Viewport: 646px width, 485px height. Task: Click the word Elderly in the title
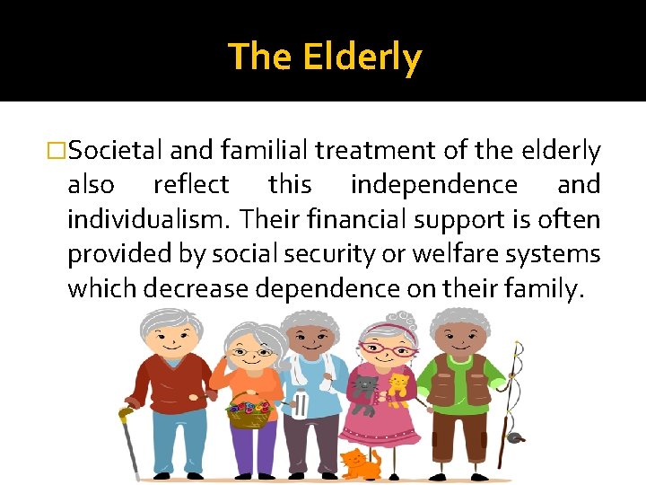tap(362, 57)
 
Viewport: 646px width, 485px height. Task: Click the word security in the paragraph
tap(327, 253)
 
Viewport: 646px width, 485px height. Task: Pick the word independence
tap(433, 185)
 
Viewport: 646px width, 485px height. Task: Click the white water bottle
tap(300, 405)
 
